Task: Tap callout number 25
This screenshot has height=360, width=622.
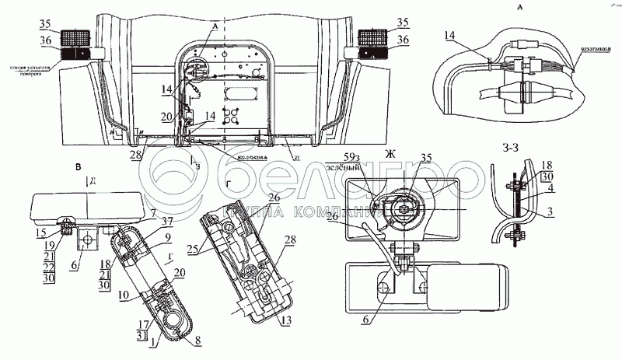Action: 193,250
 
